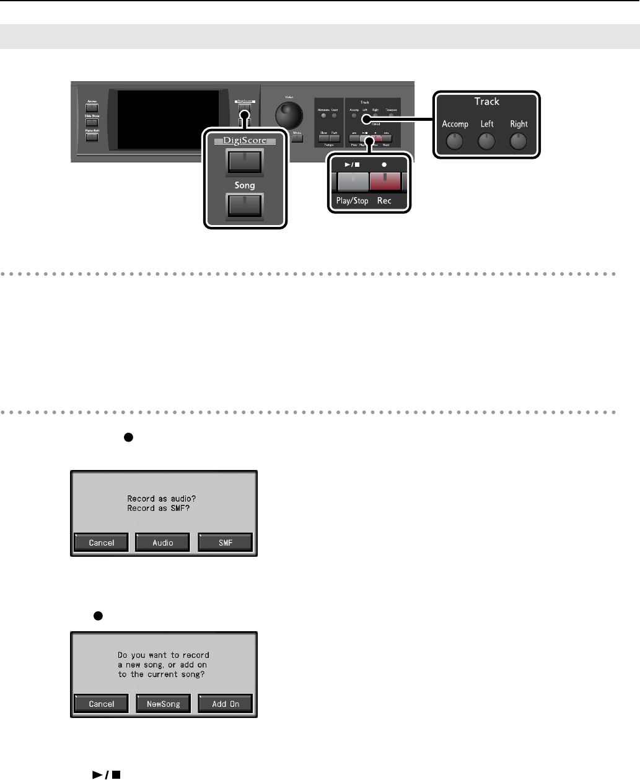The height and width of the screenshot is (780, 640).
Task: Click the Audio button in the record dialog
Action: tap(163, 543)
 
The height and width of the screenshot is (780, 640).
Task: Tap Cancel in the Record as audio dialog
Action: tap(102, 543)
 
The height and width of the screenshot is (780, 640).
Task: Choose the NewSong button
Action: tap(163, 704)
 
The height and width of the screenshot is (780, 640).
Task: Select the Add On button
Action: tap(226, 704)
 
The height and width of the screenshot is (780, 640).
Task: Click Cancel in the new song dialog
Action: tap(102, 704)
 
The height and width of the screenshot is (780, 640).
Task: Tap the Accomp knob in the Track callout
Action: tap(455, 142)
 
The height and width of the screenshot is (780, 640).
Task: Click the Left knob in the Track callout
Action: tap(487, 142)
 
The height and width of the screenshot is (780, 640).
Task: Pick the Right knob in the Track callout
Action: tap(519, 142)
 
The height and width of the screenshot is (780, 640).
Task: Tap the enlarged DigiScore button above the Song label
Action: tap(245, 162)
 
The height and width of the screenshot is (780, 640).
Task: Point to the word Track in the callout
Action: tap(487, 102)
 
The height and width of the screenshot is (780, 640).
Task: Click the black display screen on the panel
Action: tap(168, 121)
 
